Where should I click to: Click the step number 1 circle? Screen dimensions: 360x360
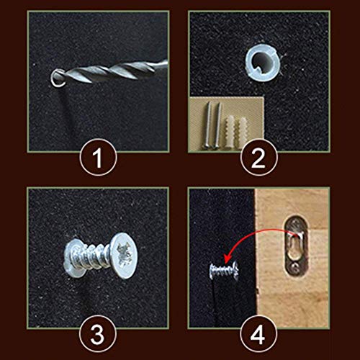coord(98,158)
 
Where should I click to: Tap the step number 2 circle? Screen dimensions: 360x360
coord(259,158)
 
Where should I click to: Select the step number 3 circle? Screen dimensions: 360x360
coord(98,333)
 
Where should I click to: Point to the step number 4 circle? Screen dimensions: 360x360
coord(258,333)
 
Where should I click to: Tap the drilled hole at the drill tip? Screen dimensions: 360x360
coord(58,78)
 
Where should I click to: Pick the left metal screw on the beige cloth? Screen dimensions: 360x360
coord(208,125)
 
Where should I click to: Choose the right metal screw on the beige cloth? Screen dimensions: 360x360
coord(217,125)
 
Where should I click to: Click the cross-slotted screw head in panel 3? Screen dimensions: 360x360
coord(124,256)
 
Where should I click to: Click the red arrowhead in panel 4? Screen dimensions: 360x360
coord(228,260)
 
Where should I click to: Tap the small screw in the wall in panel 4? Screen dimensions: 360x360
coord(224,271)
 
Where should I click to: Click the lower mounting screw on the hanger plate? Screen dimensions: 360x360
coord(295,267)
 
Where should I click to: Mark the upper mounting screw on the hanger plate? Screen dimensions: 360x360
coord(296,225)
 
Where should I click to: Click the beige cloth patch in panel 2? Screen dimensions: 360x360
coord(227,125)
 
